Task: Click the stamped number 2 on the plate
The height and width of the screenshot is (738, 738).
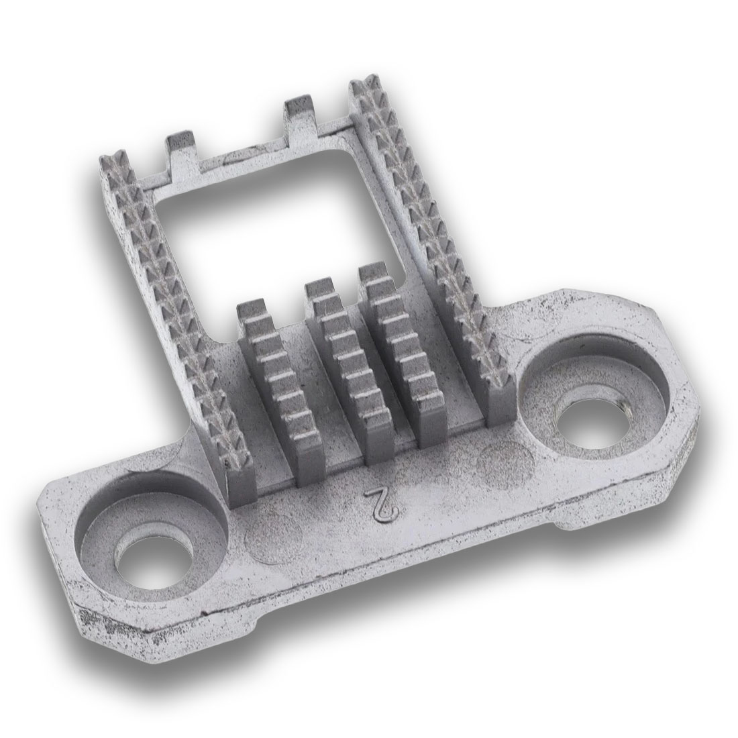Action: point(380,505)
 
